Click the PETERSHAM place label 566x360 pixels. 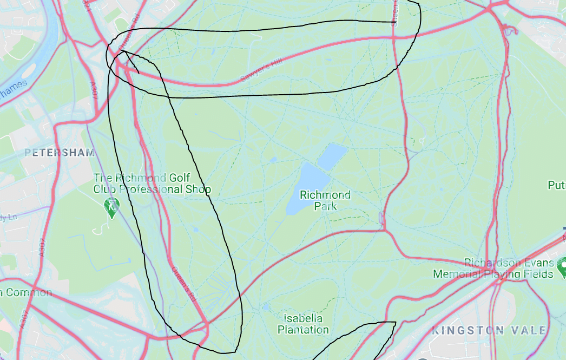60,153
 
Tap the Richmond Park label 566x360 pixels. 325,200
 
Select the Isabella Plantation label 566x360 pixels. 303,324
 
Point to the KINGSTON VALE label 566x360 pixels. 489,330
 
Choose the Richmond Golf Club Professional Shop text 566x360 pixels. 152,184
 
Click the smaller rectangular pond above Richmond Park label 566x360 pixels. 332,156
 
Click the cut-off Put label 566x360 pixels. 557,186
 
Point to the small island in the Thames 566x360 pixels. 28,70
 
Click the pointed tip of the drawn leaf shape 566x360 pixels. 395,323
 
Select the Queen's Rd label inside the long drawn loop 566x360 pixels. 183,284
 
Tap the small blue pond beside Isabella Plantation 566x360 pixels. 265,307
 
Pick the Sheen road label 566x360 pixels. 393,8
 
